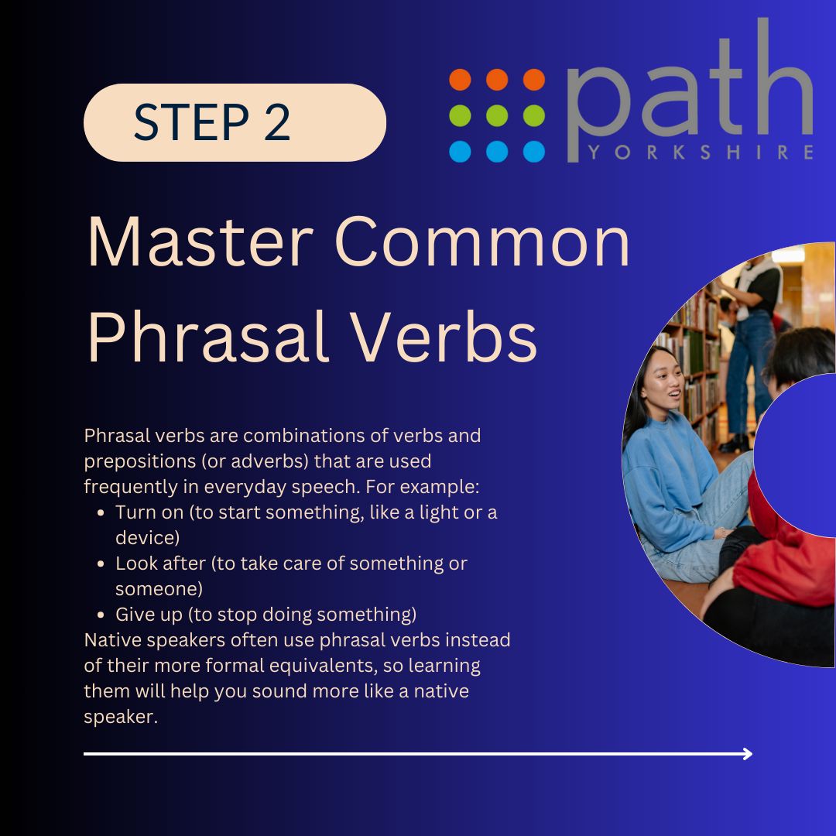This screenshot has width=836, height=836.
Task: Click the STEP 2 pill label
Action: click(x=234, y=122)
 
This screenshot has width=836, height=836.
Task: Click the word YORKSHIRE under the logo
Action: click(x=700, y=152)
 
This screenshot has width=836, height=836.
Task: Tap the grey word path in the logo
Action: click(x=689, y=93)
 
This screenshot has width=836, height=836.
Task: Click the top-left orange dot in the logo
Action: click(x=460, y=80)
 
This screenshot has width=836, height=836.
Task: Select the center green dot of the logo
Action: click(x=497, y=115)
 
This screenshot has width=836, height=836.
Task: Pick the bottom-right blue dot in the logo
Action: click(x=534, y=152)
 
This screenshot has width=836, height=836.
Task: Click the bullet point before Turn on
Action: click(x=102, y=513)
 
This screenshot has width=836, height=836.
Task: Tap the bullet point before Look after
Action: click(x=102, y=564)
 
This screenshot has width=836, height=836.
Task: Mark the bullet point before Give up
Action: click(x=102, y=615)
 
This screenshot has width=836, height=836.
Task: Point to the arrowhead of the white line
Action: click(x=747, y=753)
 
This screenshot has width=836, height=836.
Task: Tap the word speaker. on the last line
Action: click(x=120, y=717)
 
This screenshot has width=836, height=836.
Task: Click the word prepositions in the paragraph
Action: click(x=140, y=461)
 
